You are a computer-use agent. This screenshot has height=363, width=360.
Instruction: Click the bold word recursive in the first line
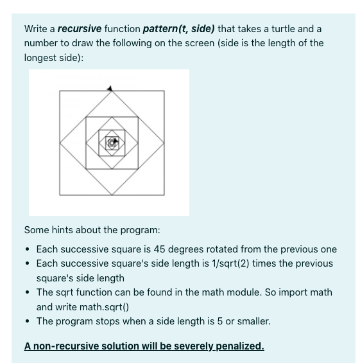(x=78, y=29)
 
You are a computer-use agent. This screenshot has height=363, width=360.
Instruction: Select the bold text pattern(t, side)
(x=179, y=29)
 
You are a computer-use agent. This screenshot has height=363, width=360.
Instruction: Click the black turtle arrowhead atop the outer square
(x=112, y=88)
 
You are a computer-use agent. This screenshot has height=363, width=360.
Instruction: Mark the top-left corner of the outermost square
(x=60, y=91)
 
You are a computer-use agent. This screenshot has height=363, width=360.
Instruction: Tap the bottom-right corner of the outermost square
(x=164, y=195)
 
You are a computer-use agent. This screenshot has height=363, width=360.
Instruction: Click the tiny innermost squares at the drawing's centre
(x=112, y=143)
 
